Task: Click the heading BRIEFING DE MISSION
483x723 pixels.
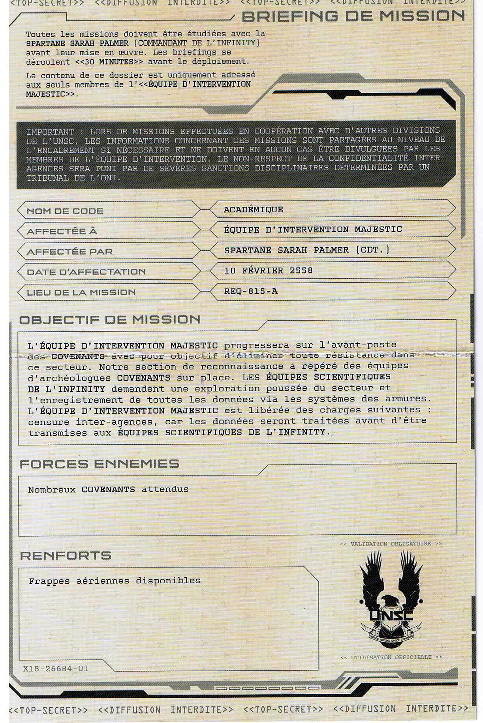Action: pos(353,16)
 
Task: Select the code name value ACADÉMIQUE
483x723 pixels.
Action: pos(253,210)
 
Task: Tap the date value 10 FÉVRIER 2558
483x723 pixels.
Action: pos(268,270)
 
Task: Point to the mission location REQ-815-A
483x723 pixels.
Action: pos(250,291)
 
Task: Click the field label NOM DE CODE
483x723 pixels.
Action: pos(65,211)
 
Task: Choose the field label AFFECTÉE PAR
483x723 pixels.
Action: pos(70,252)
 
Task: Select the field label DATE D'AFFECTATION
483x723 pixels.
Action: pos(86,272)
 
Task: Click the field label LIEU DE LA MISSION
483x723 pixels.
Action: pos(81,292)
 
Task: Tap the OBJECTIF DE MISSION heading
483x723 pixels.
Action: pos(110,320)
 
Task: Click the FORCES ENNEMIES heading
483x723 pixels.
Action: pos(100,464)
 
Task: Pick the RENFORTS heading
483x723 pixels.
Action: pos(66,556)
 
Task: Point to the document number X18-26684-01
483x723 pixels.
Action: pos(56,669)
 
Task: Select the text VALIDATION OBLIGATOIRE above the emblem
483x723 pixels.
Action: pos(391,544)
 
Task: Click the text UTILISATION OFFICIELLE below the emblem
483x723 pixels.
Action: pos(391,657)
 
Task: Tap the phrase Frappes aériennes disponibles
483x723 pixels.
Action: pos(115,581)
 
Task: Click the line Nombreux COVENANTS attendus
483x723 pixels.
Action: pos(108,489)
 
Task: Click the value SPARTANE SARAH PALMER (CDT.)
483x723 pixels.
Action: pos(306,250)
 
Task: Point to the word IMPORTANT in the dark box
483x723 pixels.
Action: pos(50,132)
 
